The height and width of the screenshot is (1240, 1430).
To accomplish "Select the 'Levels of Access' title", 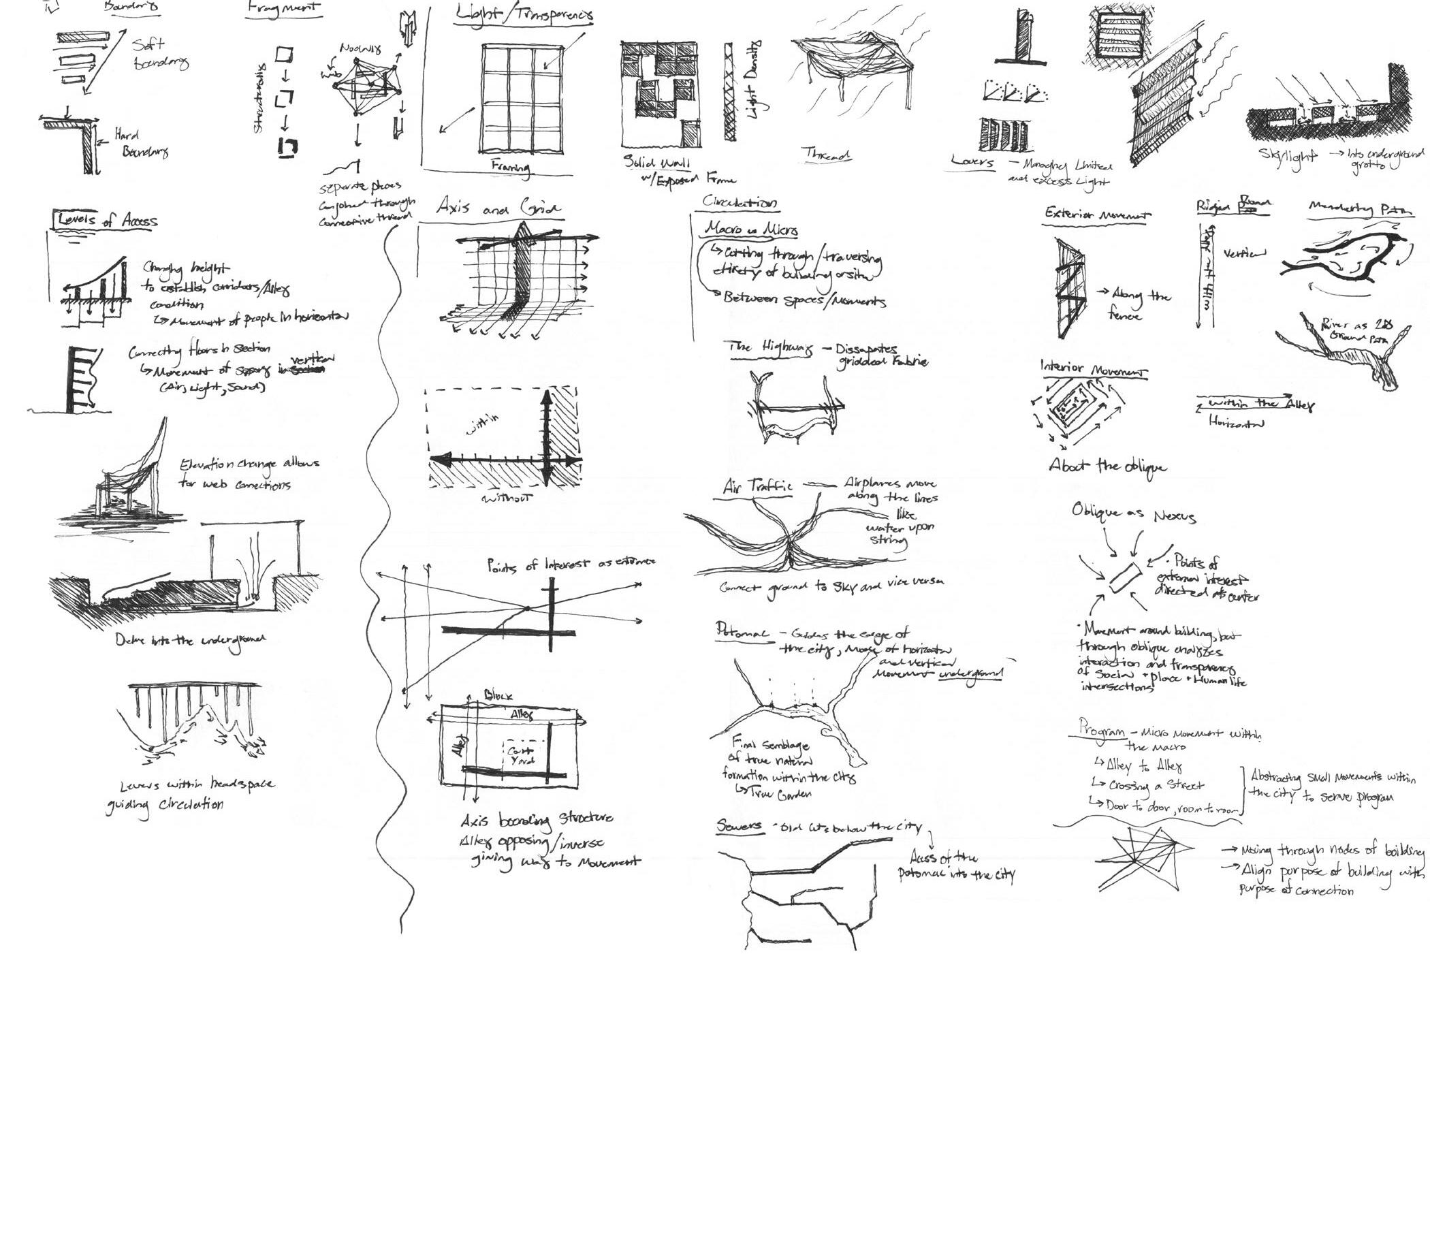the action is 107,220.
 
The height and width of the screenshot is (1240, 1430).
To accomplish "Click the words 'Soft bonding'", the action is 159,53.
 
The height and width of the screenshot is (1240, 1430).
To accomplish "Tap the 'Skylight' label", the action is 1288,158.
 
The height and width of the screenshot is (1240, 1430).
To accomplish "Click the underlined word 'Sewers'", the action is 739,825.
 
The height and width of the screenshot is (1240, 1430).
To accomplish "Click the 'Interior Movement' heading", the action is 1092,369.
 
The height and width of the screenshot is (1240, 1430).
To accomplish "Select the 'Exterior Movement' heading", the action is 1096,214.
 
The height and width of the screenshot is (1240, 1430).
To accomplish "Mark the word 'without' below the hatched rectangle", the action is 507,497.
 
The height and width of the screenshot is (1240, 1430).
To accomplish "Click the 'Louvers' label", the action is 972,162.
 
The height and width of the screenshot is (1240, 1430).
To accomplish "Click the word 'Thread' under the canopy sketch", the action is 825,155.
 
